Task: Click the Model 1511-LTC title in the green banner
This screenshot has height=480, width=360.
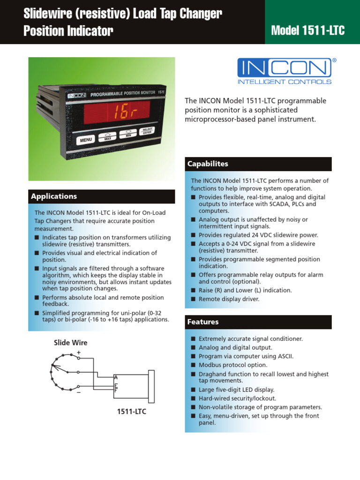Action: click(308, 31)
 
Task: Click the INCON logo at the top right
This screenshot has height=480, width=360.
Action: click(284, 68)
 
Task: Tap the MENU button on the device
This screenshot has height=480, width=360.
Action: click(86, 140)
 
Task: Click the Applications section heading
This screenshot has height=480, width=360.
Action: click(54, 196)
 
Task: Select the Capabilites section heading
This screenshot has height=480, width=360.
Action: click(208, 164)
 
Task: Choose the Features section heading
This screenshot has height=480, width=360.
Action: click(202, 322)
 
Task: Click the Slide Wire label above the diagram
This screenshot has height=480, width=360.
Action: click(70, 343)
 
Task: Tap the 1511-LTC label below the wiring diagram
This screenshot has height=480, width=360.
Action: click(132, 412)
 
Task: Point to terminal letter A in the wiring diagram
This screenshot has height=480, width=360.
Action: click(116, 377)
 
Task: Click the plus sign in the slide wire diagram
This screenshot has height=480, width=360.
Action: click(78, 352)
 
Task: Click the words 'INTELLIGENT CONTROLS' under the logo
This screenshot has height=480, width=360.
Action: click(285, 82)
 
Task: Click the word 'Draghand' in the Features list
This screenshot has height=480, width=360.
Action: click(211, 374)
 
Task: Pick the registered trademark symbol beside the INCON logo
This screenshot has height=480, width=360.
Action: click(334, 60)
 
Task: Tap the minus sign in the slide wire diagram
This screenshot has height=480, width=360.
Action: click(78, 393)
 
